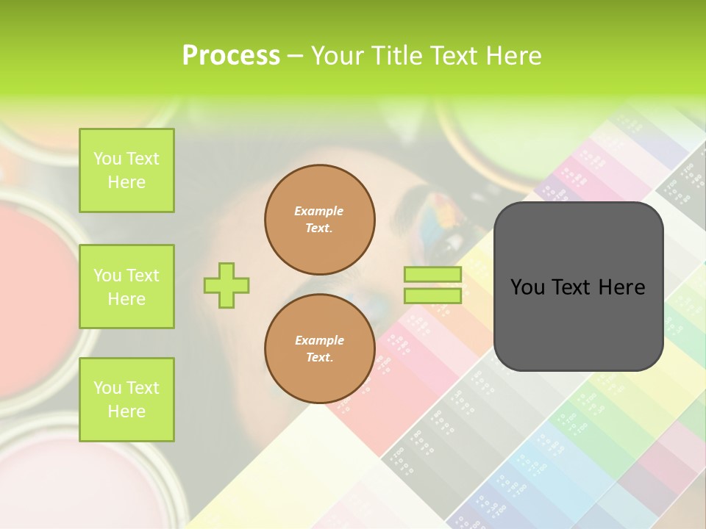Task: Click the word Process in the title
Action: pyautogui.click(x=231, y=56)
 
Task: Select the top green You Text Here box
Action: pyautogui.click(x=126, y=170)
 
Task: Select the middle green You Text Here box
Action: pyautogui.click(x=126, y=287)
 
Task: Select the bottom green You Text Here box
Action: pyautogui.click(x=126, y=400)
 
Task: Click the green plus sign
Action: pyautogui.click(x=227, y=285)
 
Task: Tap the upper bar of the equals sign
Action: pyautogui.click(x=432, y=274)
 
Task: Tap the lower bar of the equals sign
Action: pyautogui.click(x=432, y=295)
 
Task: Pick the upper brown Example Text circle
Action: pyautogui.click(x=320, y=220)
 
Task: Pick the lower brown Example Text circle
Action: pyautogui.click(x=320, y=349)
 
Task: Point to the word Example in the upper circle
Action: pyautogui.click(x=319, y=211)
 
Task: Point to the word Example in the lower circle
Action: pyautogui.click(x=319, y=340)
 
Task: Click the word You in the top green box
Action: pyautogui.click(x=107, y=159)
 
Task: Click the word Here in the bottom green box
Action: pyautogui.click(x=126, y=411)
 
